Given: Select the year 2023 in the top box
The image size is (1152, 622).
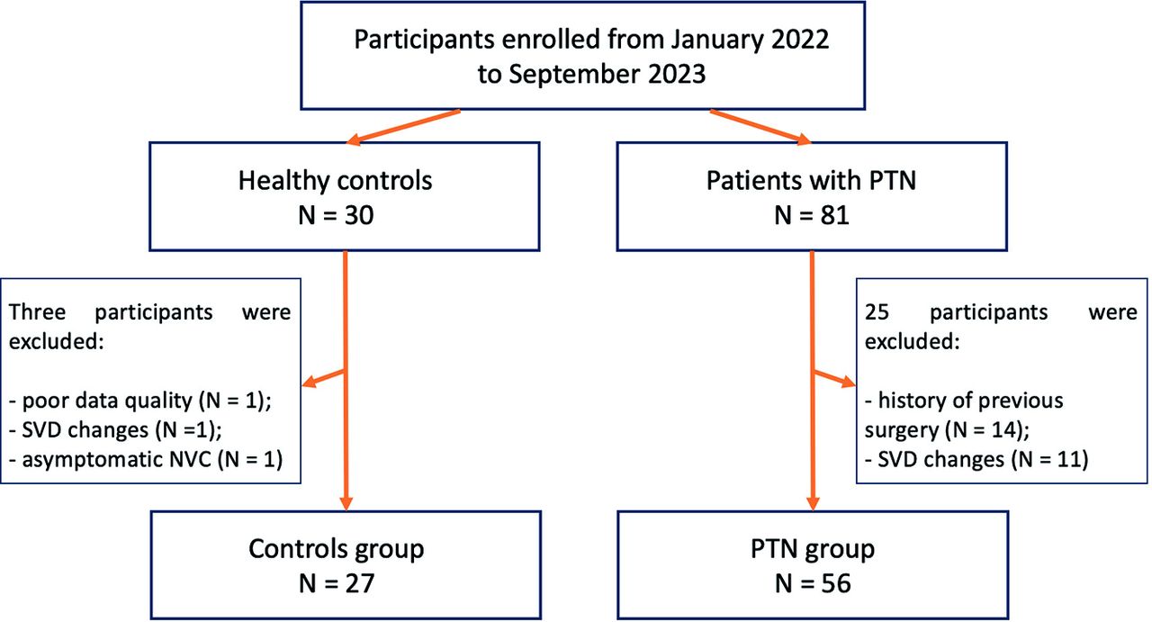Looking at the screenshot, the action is tap(676, 74).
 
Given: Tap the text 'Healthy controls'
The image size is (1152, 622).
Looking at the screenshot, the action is tap(336, 181).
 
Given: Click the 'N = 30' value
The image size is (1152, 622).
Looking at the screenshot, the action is tap(336, 215).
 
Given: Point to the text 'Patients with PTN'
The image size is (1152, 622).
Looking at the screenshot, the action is tap(811, 181).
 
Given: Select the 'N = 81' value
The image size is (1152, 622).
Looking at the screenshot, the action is tap(812, 215).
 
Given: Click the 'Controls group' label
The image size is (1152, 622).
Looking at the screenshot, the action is tap(337, 550).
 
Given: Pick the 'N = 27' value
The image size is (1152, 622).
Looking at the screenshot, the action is tap(337, 583).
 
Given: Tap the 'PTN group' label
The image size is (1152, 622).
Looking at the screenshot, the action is tap(813, 550).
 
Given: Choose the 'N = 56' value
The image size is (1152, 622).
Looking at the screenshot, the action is tap(813, 583).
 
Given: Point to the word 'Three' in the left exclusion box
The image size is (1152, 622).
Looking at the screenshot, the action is tap(38, 312).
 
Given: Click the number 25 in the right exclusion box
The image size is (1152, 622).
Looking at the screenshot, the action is tap(877, 312).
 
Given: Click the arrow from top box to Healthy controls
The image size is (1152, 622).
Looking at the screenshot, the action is tap(403, 127).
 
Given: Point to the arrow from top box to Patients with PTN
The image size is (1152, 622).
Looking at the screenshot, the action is tap(760, 127).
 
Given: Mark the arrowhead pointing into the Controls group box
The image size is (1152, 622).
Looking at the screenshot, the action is tap(346, 503).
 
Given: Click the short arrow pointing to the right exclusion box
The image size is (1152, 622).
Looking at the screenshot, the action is tap(833, 378).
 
